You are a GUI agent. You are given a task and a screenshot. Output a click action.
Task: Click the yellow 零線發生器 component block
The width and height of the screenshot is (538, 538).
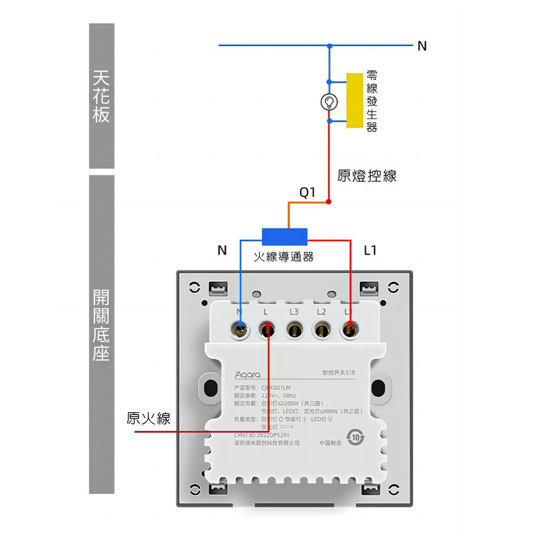(x=355, y=100)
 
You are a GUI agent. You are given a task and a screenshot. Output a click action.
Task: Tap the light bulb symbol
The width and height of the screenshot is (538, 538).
(x=329, y=101)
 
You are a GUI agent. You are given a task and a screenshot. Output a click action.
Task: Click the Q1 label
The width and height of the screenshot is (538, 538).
(x=307, y=193)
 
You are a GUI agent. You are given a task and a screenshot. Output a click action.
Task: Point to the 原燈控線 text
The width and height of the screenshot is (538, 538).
(x=367, y=175)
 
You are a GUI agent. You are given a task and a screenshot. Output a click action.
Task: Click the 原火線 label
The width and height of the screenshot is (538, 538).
(x=149, y=418)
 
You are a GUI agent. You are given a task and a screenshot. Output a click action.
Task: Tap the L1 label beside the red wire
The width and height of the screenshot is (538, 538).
(x=370, y=251)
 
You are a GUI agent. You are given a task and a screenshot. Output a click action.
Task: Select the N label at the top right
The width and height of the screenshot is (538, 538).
(x=422, y=46)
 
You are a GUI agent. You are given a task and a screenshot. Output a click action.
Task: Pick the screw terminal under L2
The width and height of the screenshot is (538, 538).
(x=321, y=330)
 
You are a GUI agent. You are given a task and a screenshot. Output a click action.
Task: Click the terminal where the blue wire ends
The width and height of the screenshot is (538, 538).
(x=241, y=330)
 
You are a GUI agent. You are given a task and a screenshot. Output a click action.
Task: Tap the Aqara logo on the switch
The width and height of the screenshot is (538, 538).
(x=247, y=375)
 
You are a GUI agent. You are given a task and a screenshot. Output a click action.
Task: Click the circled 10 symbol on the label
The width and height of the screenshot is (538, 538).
(x=356, y=437)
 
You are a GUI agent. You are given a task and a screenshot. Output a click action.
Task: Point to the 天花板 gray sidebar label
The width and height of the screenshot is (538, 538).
(x=101, y=97)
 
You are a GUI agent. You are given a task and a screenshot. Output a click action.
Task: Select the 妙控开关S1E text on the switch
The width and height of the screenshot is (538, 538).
(x=338, y=373)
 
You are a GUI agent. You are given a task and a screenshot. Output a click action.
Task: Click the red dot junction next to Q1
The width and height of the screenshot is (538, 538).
(x=329, y=202)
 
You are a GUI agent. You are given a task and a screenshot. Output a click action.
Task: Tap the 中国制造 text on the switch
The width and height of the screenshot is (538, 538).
(x=330, y=443)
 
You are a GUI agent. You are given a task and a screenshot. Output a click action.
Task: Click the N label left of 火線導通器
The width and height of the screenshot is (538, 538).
(x=222, y=251)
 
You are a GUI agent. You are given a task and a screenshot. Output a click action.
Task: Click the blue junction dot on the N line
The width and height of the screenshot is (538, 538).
(x=329, y=45)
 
